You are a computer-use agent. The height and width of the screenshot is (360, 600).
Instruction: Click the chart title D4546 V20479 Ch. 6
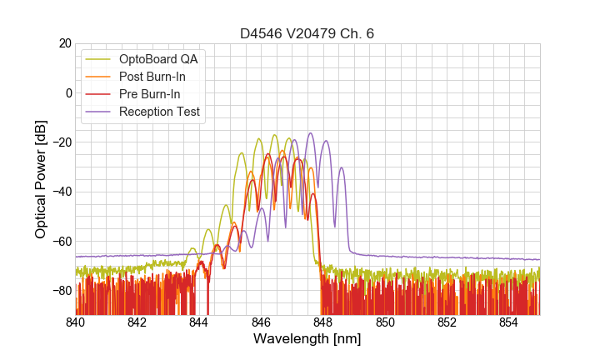click(x=307, y=34)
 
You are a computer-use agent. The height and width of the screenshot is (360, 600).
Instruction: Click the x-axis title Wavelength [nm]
click(x=307, y=340)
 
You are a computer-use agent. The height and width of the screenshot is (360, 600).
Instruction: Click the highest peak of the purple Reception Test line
click(x=311, y=133)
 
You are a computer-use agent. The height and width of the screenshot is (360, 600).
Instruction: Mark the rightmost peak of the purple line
click(x=341, y=167)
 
